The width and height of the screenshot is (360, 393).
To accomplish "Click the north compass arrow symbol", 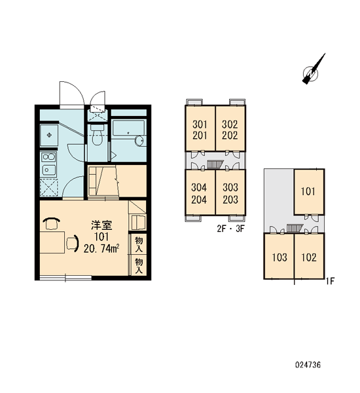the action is [x=314, y=69].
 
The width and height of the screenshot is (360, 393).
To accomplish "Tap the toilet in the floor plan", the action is [x=97, y=135].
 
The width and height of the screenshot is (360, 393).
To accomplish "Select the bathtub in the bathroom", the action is [x=128, y=128].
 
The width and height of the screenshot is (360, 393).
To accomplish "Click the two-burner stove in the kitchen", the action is [x=49, y=157].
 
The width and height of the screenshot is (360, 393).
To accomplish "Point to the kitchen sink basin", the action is [x=49, y=170].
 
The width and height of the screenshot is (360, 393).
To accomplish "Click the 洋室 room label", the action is [x=101, y=225].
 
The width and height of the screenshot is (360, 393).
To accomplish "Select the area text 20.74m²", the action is [x=101, y=248].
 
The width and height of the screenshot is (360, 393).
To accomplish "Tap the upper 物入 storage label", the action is [x=139, y=244].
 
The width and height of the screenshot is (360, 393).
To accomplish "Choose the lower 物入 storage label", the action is [x=139, y=266].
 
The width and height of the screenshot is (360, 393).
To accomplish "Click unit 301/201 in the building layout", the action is [x=200, y=128].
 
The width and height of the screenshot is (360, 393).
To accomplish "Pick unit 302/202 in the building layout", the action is [x=230, y=128].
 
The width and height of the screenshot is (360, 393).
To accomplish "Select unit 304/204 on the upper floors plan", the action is [x=200, y=192].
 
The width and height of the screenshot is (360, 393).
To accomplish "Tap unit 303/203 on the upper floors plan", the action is [x=230, y=192].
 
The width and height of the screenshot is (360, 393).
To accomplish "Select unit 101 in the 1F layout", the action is [x=309, y=192].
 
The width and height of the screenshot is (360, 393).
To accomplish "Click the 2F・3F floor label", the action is [x=230, y=229].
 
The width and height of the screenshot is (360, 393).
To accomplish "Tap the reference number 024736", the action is [x=308, y=365].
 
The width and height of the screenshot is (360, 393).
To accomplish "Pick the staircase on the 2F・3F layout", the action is [x=215, y=164].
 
